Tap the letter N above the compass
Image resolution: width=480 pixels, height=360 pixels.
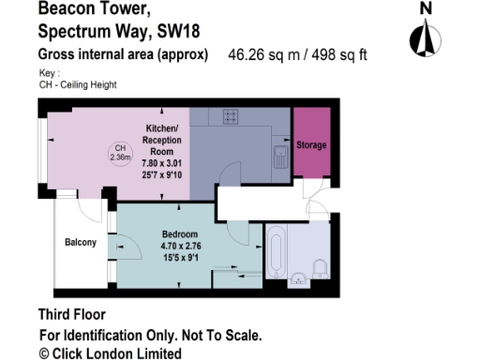tap(426, 8)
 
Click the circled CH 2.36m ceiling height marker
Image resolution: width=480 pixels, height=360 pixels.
tap(120, 153)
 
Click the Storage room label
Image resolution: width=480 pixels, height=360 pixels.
tap(311, 146)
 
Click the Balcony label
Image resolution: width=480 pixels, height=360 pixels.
tap(81, 243)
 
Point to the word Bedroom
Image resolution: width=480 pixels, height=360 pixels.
tap(180, 233)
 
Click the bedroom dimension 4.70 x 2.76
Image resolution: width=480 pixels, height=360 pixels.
tap(181, 246)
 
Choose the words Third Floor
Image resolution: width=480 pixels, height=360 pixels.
tap(71, 315)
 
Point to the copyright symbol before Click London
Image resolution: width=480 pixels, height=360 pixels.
tap(43, 353)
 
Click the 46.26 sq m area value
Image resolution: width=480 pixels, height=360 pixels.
tap(262, 55)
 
